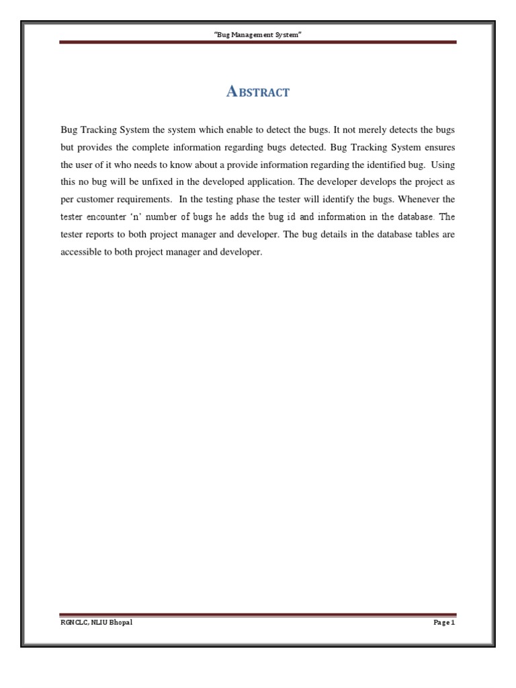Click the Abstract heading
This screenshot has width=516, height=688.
(258, 93)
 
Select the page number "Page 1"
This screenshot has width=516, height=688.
(444, 622)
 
